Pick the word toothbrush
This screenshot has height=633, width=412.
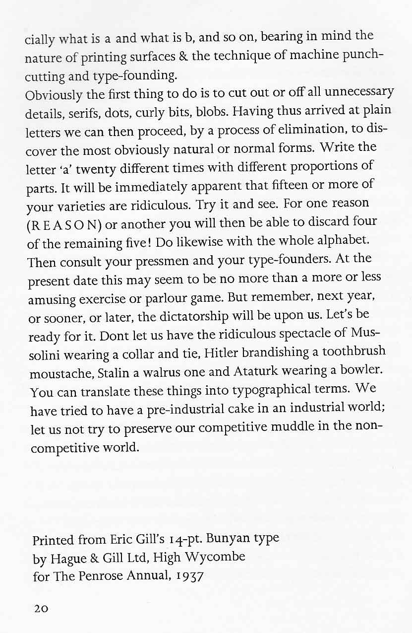(x=353, y=352)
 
